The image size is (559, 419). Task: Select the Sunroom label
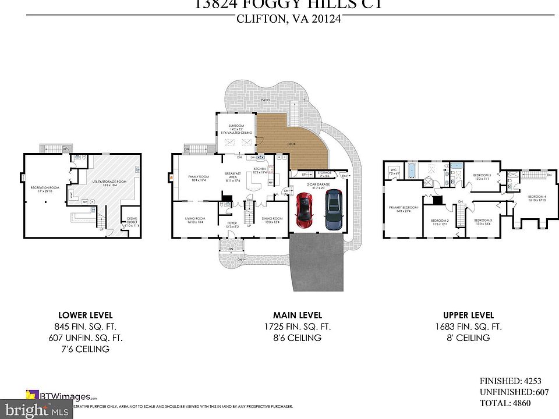[236, 126]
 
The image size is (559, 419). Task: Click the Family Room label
[198, 176]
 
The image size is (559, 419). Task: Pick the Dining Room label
[273, 219]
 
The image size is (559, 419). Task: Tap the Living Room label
[194, 219]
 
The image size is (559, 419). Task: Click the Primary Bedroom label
[403, 208]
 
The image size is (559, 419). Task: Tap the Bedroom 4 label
[537, 197]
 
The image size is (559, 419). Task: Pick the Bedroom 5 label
[482, 176]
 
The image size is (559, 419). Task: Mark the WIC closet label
[394, 171]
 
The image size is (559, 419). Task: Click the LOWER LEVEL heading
[86, 315]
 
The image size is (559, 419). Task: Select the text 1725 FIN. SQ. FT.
[298, 326]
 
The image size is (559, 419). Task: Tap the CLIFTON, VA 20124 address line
[288, 19]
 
